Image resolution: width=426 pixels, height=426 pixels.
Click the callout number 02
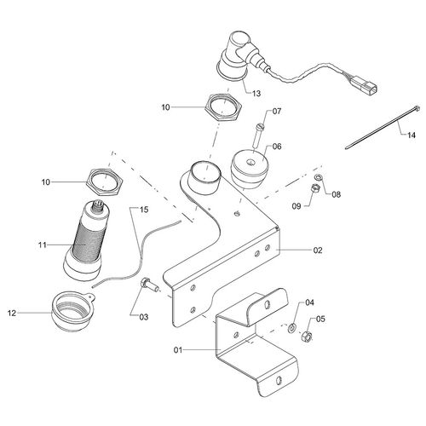coord(294,251)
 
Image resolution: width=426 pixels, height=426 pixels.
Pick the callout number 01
coord(179,348)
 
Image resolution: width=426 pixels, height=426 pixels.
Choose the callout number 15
coord(144,209)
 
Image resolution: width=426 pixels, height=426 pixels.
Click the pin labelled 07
coord(261,132)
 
